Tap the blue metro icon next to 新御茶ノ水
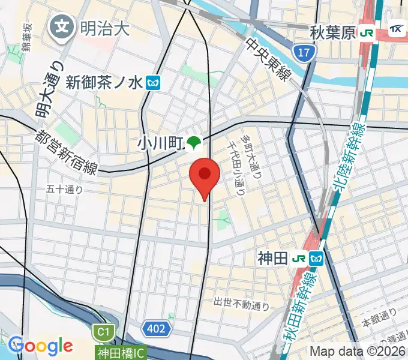154,82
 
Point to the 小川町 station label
160,143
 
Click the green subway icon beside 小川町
193,143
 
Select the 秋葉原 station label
334,32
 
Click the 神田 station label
273,259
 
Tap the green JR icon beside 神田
299,259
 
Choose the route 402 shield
157,328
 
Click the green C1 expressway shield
103,331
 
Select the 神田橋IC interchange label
120,352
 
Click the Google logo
40,346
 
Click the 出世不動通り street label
241,305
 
